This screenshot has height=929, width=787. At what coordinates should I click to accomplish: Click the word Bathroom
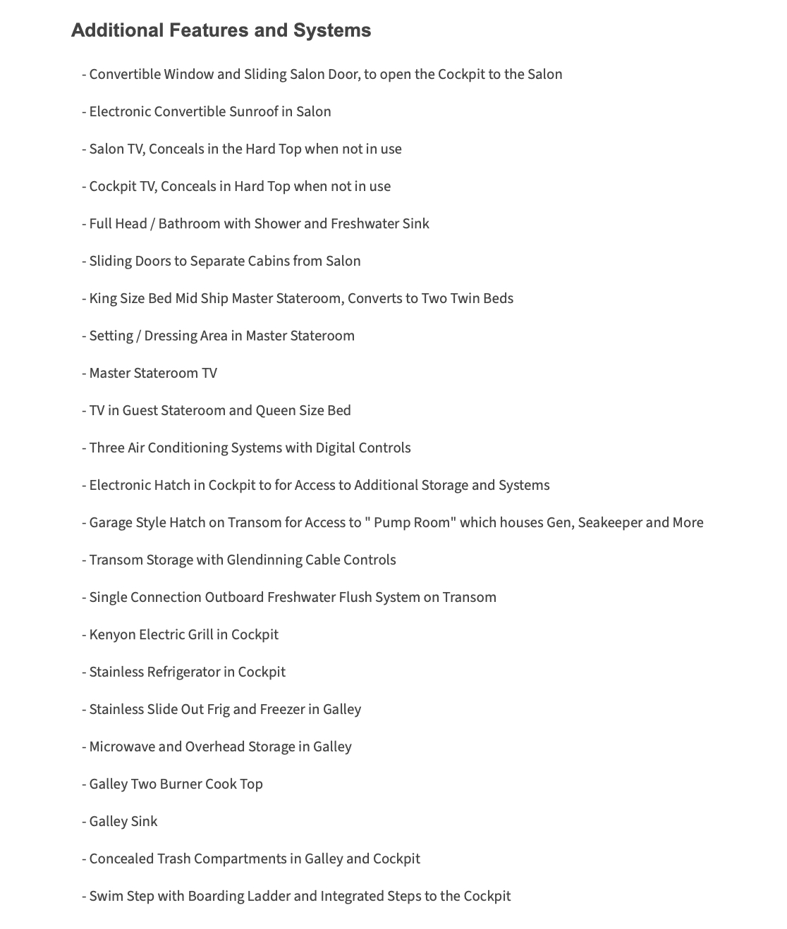point(189,223)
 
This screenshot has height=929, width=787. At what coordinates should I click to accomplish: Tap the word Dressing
point(170,336)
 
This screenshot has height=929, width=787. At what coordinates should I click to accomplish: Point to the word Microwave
point(122,746)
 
